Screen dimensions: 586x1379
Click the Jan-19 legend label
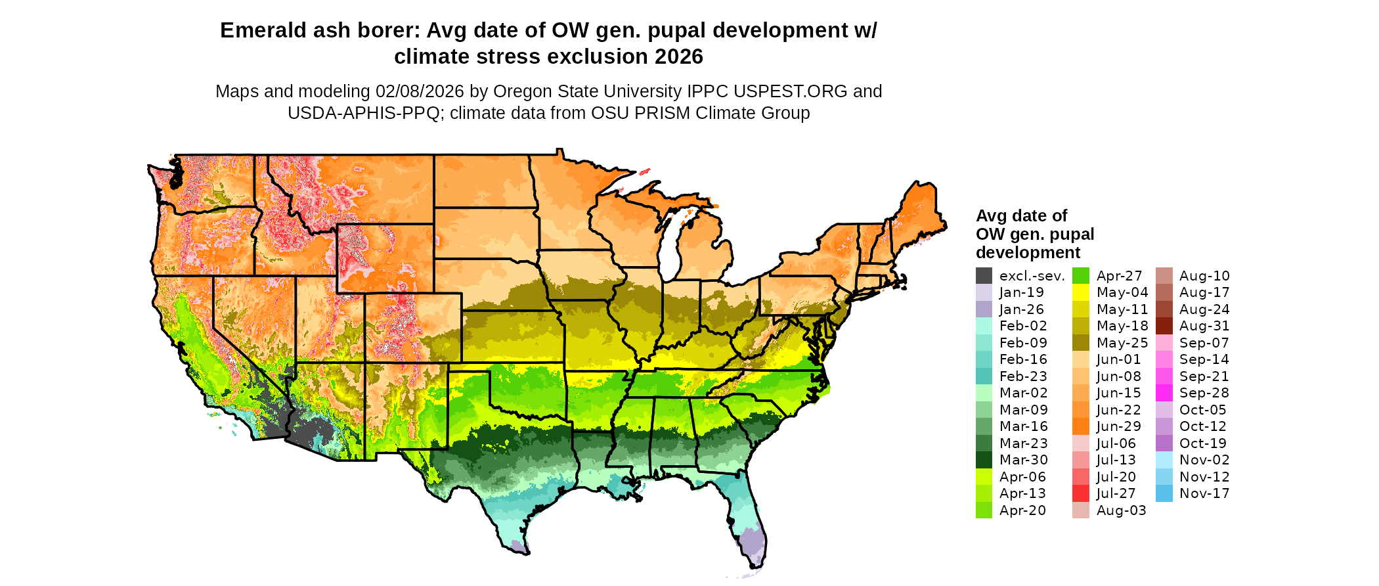point(1021,292)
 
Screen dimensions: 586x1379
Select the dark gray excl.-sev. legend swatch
point(984,276)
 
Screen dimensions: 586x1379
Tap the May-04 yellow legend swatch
point(1081,292)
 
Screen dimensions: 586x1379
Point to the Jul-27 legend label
point(1116,493)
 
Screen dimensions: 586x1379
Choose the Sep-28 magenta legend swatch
point(1164,393)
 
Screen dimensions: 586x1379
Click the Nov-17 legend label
point(1204,493)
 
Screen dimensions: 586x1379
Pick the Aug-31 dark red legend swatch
point(1164,326)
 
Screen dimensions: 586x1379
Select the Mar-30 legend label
point(1023,460)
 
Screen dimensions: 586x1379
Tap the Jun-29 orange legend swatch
point(1081,426)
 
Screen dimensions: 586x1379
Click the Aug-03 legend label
point(1121,510)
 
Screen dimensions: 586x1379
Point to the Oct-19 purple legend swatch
point(1164,443)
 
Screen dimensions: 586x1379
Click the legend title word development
point(1028,253)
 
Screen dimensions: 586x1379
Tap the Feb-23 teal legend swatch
point(984,376)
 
